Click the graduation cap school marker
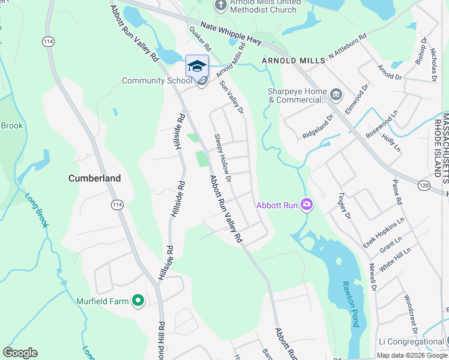[x=197, y=66]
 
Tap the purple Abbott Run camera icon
[x=307, y=205]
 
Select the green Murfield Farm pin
[x=137, y=301]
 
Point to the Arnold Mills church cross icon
[x=220, y=5]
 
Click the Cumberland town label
[x=94, y=178]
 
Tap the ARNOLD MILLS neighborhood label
[x=292, y=61]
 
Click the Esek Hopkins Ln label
[x=384, y=233]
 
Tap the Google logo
[x=20, y=353]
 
